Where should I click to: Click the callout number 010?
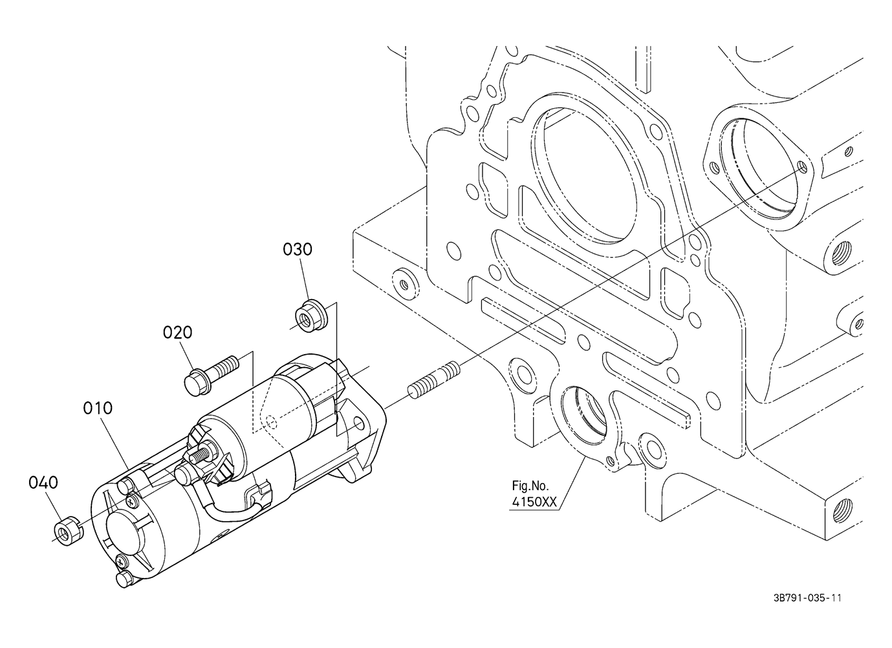[x=98, y=408]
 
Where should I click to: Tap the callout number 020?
[x=178, y=332]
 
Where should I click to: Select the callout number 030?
[x=298, y=249]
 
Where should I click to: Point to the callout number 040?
[x=43, y=483]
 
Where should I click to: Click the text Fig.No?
[x=530, y=486]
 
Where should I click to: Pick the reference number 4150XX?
[x=534, y=502]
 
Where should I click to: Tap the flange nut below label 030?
[x=312, y=316]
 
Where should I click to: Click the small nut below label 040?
[x=69, y=530]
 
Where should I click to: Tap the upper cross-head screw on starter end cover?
[x=132, y=502]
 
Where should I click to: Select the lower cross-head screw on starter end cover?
[x=122, y=563]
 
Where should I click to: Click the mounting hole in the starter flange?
[x=359, y=423]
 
